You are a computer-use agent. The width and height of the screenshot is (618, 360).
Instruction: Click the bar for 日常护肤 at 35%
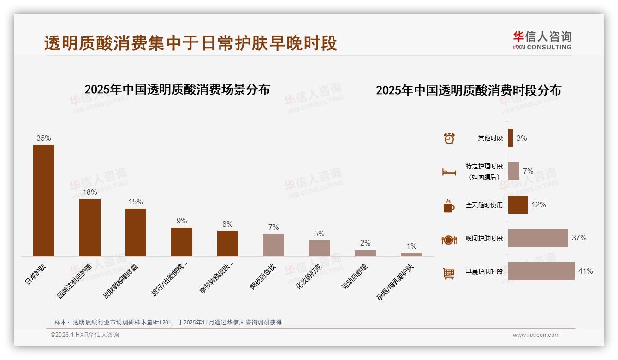click(44, 200)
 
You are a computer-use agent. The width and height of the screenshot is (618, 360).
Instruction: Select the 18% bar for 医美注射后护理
click(90, 227)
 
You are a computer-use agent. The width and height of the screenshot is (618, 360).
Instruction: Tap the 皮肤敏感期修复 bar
click(136, 232)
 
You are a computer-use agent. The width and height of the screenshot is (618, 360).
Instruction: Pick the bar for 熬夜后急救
click(273, 245)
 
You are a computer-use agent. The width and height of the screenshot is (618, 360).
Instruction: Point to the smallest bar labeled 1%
click(411, 254)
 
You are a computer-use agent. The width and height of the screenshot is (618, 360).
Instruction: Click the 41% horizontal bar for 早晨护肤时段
click(541, 271)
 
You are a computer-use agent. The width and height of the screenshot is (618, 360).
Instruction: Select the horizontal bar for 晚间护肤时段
click(538, 238)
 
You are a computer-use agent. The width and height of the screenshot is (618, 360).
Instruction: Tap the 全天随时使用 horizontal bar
click(518, 204)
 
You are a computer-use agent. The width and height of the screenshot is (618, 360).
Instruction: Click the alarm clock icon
click(449, 138)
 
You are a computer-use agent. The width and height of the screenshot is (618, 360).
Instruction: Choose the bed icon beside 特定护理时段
click(449, 172)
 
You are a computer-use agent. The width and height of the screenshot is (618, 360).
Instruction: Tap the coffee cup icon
click(449, 206)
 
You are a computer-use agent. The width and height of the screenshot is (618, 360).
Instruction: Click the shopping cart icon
click(449, 273)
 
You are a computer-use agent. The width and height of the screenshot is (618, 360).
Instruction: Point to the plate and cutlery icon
click(449, 240)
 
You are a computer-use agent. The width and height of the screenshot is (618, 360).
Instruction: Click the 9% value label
click(182, 221)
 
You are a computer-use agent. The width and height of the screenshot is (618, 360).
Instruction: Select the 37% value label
click(579, 238)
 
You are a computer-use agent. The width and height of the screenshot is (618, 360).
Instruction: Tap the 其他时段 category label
click(490, 138)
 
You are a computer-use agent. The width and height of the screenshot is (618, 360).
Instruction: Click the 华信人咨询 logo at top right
click(542, 40)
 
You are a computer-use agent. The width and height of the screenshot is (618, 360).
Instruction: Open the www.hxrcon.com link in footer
click(536, 335)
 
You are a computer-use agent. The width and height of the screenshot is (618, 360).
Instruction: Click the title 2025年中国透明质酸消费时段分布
click(468, 90)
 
